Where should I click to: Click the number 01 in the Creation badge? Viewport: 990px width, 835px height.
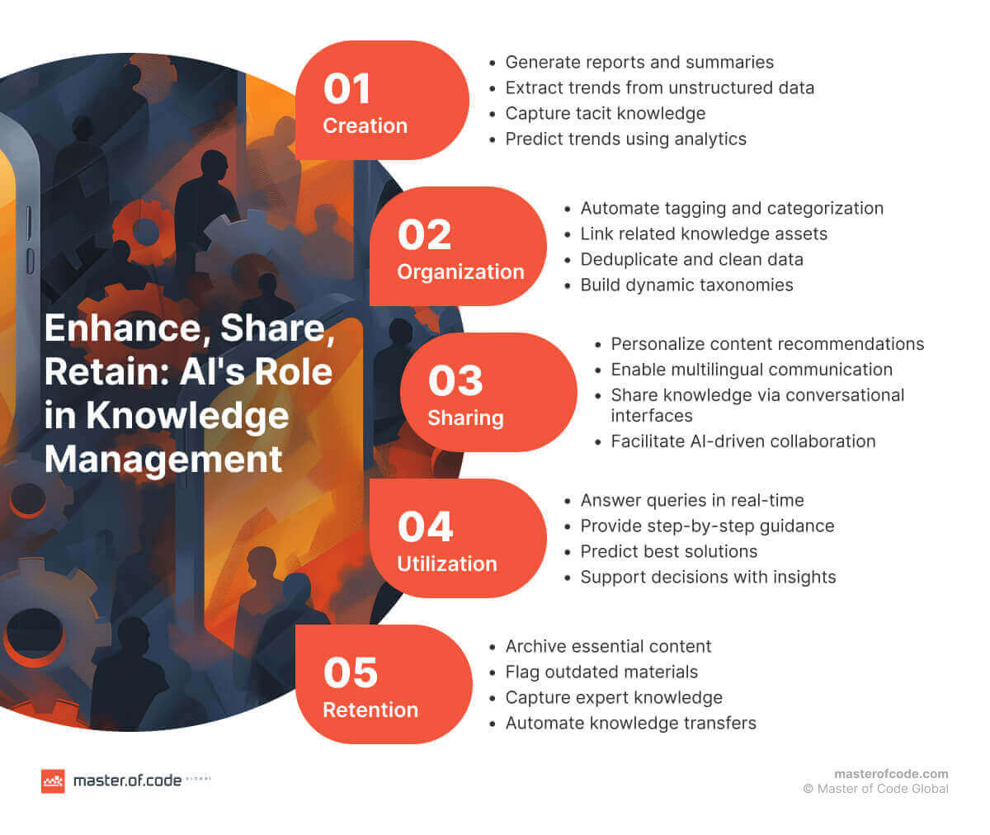[346, 89]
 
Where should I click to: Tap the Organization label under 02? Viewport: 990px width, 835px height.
[460, 271]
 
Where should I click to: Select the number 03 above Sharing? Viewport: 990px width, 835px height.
[455, 381]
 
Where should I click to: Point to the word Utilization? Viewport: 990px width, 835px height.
[447, 564]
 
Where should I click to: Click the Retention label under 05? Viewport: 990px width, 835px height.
[370, 710]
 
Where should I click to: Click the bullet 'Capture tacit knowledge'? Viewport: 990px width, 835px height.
[605, 113]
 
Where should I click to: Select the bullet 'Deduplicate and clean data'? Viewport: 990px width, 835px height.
[691, 259]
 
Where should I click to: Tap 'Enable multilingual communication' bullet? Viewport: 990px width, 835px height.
[751, 370]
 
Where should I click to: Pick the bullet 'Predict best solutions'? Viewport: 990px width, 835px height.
[668, 551]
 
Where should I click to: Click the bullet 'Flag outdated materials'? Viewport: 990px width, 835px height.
[601, 672]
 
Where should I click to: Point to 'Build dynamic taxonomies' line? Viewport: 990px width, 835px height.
[686, 285]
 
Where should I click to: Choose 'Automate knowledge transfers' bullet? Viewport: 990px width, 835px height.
[630, 723]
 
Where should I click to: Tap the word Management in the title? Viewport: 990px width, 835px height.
[163, 459]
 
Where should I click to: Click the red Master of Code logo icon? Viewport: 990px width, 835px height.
[53, 781]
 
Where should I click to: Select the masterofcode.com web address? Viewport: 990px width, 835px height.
[891, 774]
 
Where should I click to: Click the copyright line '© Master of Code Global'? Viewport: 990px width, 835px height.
[875, 789]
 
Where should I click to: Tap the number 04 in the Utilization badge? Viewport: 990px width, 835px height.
[425, 527]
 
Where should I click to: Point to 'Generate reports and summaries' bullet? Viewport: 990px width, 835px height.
[639, 62]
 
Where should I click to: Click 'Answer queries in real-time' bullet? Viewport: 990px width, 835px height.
[691, 500]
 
